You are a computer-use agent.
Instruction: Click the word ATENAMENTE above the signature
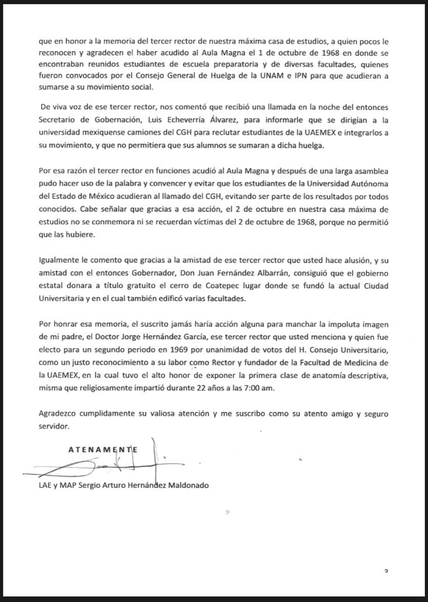pyautogui.click(x=103, y=450)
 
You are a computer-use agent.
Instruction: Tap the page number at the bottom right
pyautogui.click(x=386, y=571)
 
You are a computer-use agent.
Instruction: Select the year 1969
pyautogui.click(x=179, y=350)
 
